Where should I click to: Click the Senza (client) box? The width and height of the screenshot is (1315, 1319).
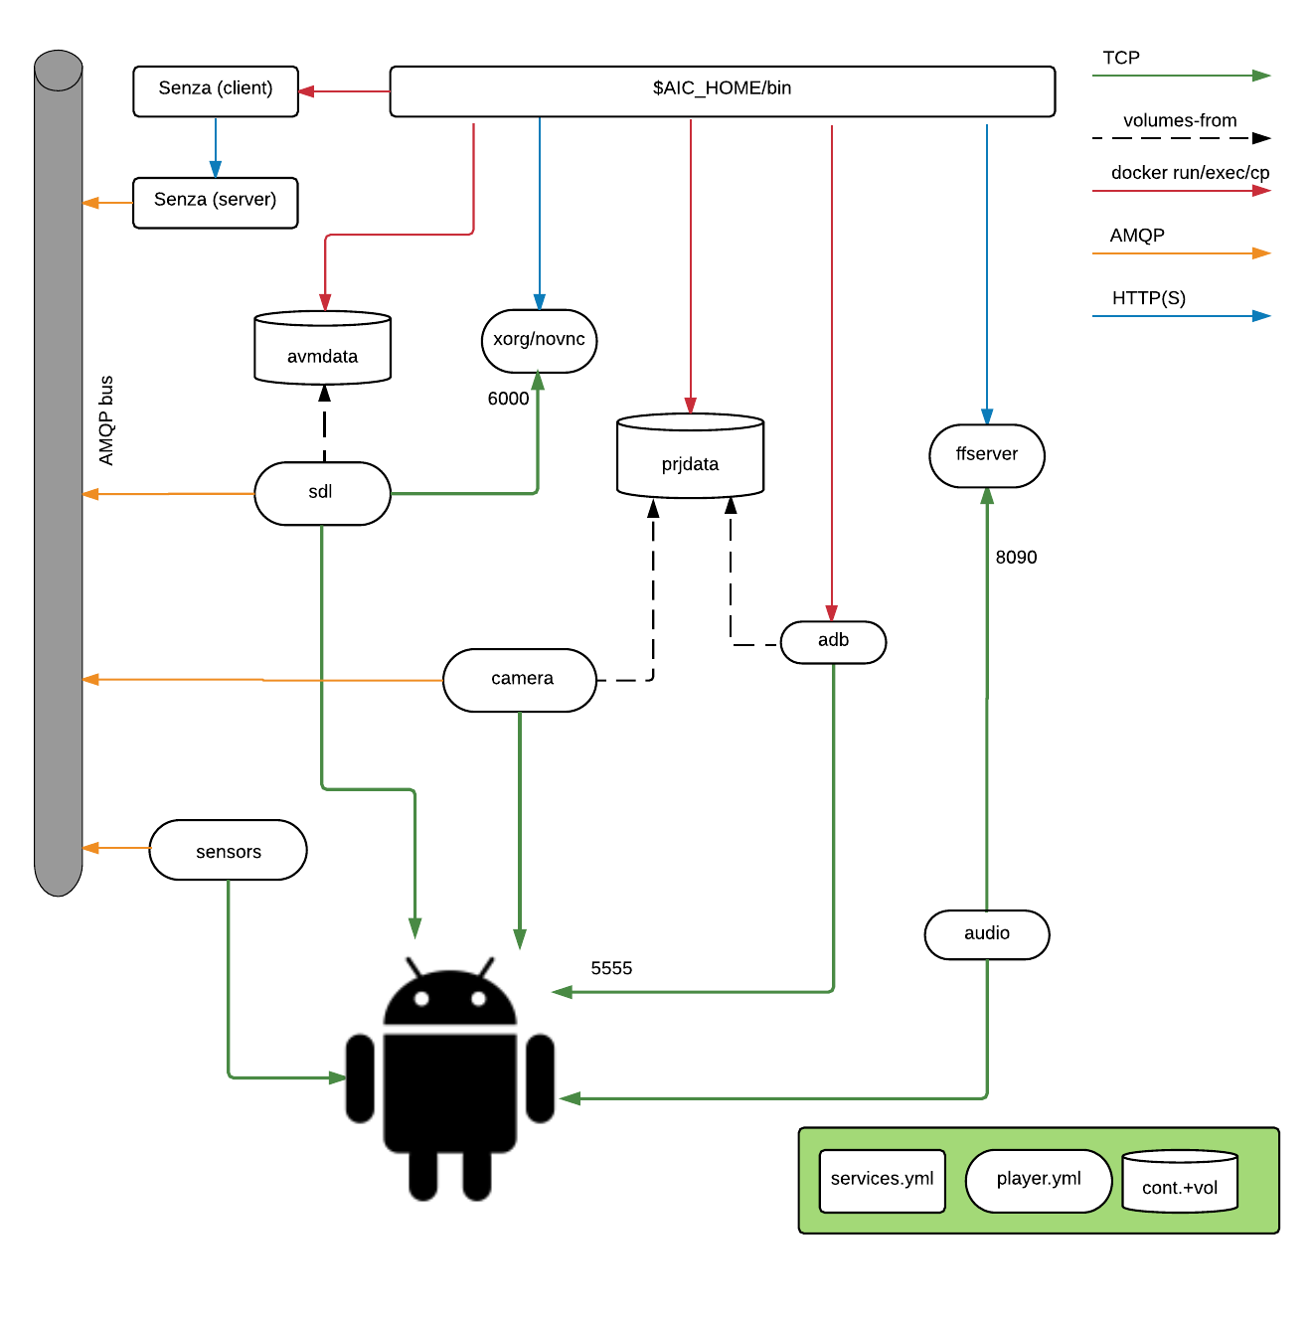[216, 91]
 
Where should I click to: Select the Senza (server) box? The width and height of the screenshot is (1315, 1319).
[215, 203]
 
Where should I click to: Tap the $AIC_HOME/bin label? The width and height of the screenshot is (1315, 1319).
[722, 88]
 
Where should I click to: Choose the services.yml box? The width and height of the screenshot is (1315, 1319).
[882, 1181]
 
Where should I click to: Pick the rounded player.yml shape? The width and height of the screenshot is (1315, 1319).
[1038, 1181]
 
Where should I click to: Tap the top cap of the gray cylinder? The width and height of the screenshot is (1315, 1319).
[58, 70]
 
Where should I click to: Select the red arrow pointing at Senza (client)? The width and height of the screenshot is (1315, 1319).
[344, 91]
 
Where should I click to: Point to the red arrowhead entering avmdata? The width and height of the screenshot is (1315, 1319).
[325, 302]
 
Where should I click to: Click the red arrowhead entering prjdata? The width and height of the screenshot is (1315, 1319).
[690, 405]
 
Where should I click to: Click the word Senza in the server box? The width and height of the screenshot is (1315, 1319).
[180, 200]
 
